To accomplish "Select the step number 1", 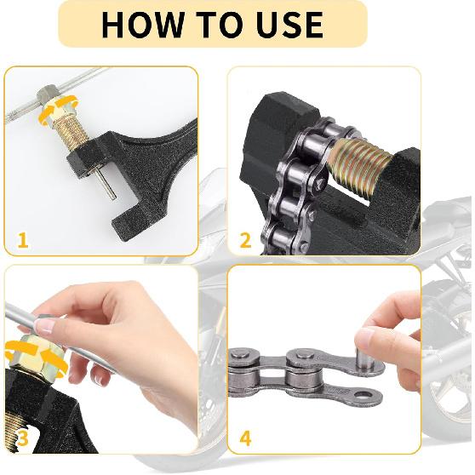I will point(22,241).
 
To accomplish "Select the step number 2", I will point(245,241).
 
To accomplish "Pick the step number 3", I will point(22,439).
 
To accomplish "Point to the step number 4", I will point(245,439).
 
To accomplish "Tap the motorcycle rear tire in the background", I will point(447,366).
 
